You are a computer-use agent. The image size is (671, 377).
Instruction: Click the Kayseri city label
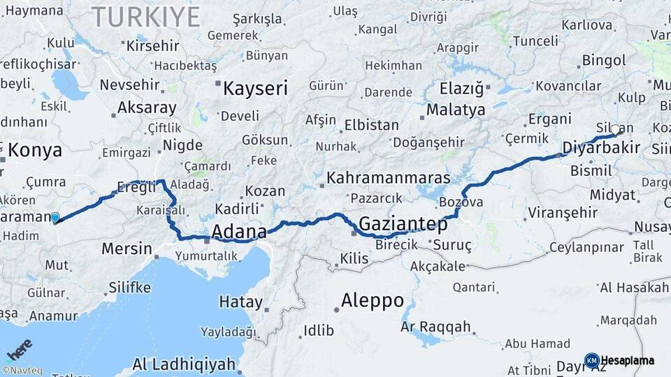[255, 89]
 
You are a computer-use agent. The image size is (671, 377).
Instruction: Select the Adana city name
[239, 231]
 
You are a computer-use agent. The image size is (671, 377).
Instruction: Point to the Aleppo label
[372, 301]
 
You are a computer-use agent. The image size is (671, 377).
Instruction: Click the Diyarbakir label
[601, 148]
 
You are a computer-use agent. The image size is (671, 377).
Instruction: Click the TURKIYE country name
[146, 17]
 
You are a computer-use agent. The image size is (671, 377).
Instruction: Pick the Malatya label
[456, 110]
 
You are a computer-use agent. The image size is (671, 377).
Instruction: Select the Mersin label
[127, 248]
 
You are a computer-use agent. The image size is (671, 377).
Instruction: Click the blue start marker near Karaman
[55, 218]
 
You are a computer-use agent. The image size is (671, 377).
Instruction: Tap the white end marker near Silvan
[615, 129]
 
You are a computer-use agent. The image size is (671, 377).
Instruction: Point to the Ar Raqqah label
[435, 327]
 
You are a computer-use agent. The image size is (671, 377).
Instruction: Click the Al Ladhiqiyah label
[184, 364]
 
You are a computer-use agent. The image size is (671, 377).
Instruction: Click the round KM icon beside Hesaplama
[592, 360]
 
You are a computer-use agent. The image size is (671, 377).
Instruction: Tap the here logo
[20, 348]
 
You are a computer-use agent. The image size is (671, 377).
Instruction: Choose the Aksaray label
[147, 108]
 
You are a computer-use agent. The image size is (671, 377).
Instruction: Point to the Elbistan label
[371, 126]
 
